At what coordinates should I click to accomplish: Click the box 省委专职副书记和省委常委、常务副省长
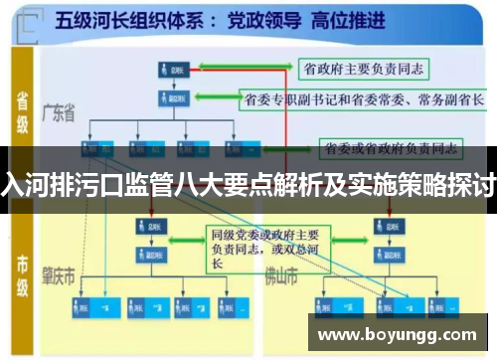tap(363, 99)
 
